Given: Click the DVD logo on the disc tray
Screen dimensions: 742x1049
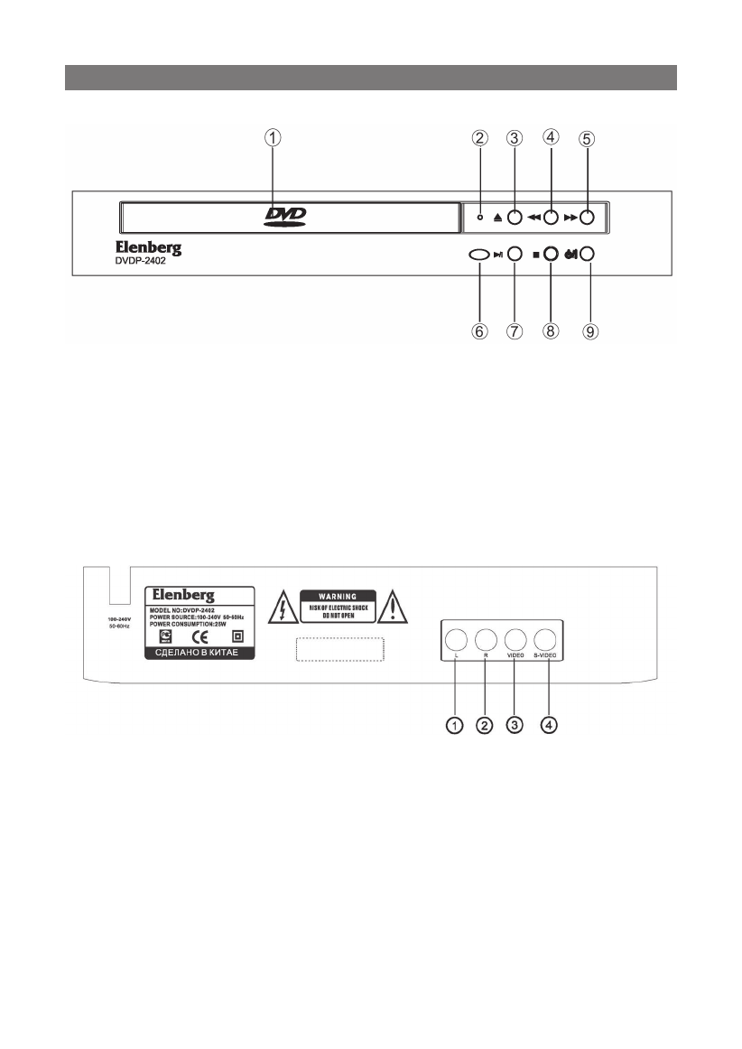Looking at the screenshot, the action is point(286,216).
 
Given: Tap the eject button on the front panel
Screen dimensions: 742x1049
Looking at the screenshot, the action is point(514,218).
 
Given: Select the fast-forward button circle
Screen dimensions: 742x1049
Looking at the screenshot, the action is point(587,218).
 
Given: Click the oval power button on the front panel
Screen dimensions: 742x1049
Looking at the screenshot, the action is point(478,255).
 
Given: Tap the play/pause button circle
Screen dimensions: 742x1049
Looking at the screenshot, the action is point(515,255).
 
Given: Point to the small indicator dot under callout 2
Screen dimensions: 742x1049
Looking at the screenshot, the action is point(480,218).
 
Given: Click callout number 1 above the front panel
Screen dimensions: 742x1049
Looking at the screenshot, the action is point(273,138).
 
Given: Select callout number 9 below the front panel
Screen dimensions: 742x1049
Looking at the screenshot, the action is point(589,331).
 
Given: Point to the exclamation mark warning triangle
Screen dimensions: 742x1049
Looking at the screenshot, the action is point(393,608).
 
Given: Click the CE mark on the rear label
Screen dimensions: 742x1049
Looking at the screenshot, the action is point(202,634).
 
